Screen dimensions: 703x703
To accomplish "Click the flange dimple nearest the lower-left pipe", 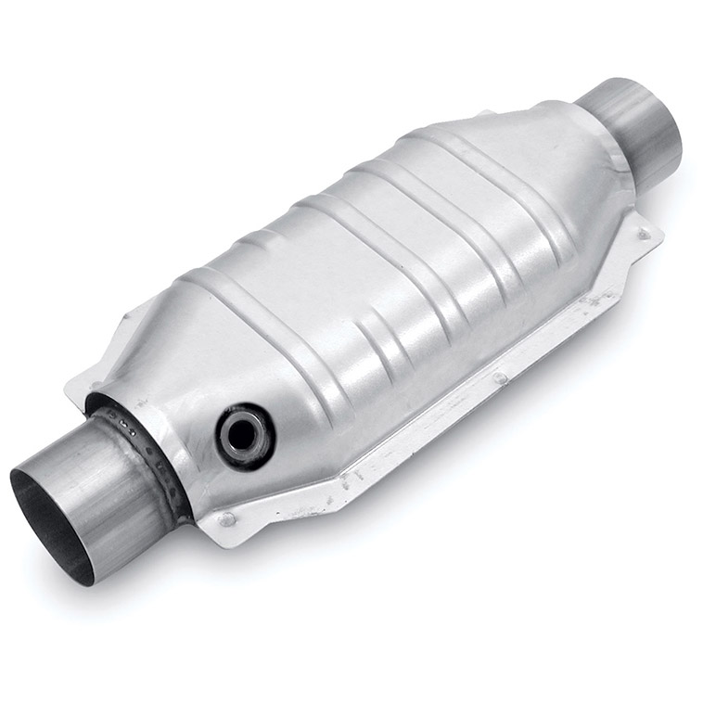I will [x=227, y=518].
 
